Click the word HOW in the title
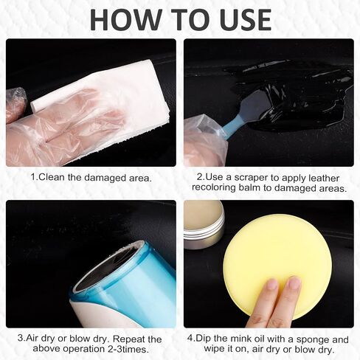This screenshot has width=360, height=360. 125,19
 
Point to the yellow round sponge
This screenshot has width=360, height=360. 277,268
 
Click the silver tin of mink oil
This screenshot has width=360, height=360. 204,224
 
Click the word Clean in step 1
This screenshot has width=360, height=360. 52,177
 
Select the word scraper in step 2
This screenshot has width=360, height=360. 251,178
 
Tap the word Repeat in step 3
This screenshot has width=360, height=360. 129,339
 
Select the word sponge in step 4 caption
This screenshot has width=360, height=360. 313,339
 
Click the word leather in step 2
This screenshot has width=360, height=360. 324,178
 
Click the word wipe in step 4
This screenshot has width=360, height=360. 214,349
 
